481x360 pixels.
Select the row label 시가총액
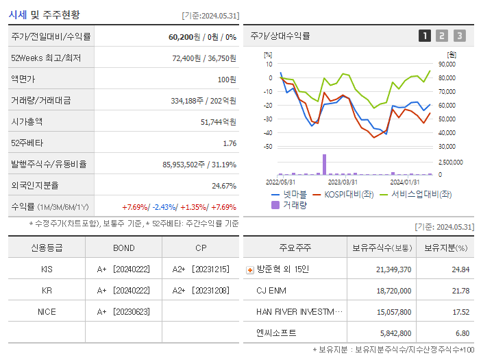pyautogui.click(x=27, y=121)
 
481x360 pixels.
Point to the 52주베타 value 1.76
pyautogui.click(x=230, y=143)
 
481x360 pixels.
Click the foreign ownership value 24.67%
pyautogui.click(x=224, y=185)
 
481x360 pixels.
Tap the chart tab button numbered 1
pyautogui.click(x=425, y=36)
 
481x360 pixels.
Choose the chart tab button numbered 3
pyautogui.click(x=459, y=36)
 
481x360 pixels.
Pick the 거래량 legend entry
pyautogui.click(x=291, y=204)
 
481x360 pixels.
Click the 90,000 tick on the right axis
pyautogui.click(x=447, y=64)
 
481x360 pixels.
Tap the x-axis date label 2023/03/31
pyautogui.click(x=343, y=182)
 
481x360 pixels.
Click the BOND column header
pyautogui.click(x=124, y=248)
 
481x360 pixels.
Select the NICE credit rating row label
pyautogui.click(x=47, y=311)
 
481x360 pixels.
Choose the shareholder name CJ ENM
pyautogui.click(x=271, y=290)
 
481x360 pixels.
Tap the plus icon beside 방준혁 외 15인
pyautogui.click(x=249, y=269)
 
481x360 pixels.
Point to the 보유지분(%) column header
pyautogui.click(x=445, y=248)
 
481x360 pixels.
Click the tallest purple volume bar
pyautogui.click(x=324, y=164)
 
